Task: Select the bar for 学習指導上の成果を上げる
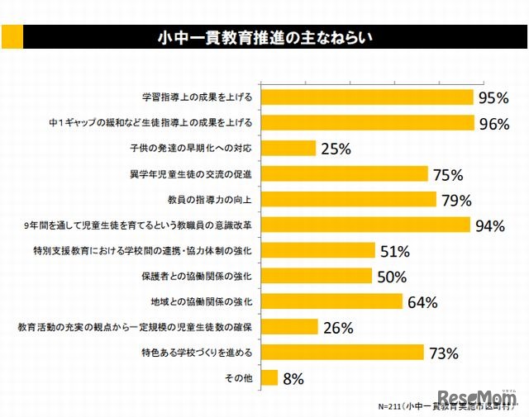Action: click(x=368, y=97)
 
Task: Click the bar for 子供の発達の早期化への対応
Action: click(x=288, y=149)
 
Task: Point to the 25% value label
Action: click(x=336, y=149)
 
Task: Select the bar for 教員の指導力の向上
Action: click(x=349, y=199)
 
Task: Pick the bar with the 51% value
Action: click(x=318, y=250)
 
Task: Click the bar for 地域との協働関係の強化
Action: click(x=332, y=301)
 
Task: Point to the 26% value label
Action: click(x=338, y=328)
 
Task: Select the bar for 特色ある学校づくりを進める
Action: click(x=342, y=353)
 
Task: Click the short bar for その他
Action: click(x=269, y=378)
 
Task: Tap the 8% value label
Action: click(x=293, y=379)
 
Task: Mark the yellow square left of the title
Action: click(x=12, y=36)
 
